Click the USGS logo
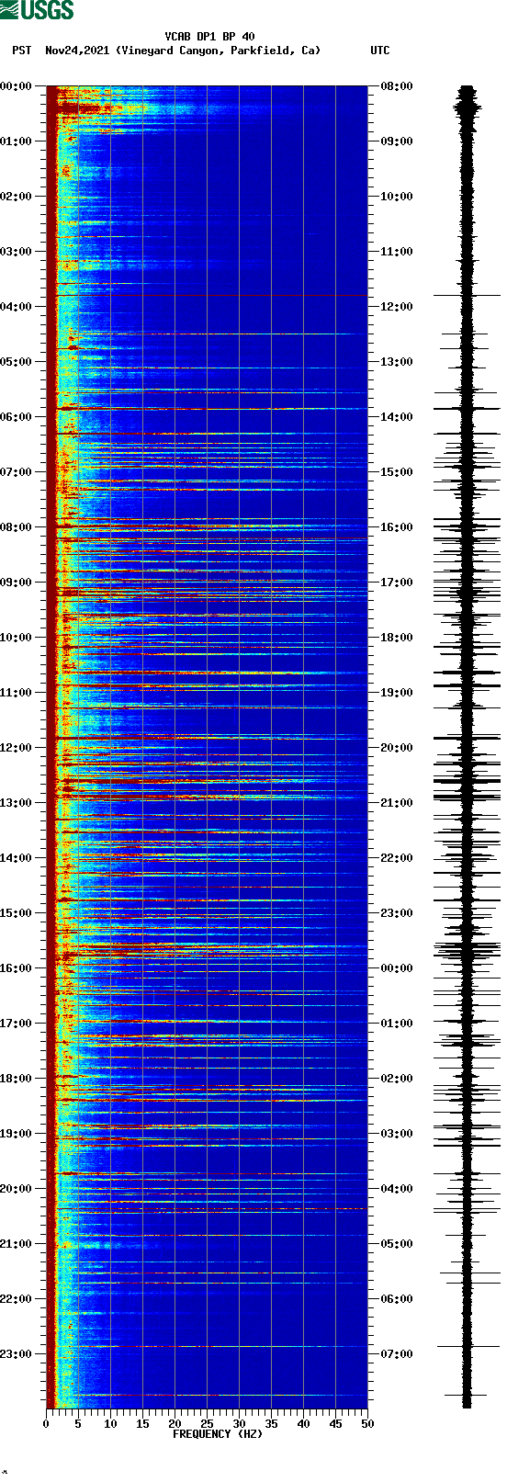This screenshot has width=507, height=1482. (x=37, y=10)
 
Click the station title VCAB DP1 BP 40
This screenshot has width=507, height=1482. (x=209, y=37)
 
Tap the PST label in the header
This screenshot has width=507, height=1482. (x=22, y=51)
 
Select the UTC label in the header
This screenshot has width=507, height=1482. (x=379, y=51)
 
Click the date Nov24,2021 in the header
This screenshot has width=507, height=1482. (x=78, y=51)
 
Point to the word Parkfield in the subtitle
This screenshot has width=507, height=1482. (x=260, y=51)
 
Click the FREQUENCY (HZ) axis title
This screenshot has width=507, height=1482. (x=218, y=1434)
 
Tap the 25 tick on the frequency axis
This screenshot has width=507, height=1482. (x=207, y=1424)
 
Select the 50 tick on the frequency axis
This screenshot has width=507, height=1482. (x=367, y=1424)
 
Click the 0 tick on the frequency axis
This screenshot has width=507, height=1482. (x=46, y=1424)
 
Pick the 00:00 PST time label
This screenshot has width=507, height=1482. (x=16, y=86)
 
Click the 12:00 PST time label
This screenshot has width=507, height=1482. (x=16, y=748)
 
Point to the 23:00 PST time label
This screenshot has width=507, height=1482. (x=16, y=1354)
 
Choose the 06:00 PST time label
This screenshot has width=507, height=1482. (x=16, y=417)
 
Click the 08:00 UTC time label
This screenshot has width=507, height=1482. (x=396, y=86)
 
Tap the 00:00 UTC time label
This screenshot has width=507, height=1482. (x=396, y=968)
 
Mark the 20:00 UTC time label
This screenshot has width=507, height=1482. (x=396, y=748)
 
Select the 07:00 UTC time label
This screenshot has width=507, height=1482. (x=396, y=1354)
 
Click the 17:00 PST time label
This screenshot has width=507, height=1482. (x=16, y=1024)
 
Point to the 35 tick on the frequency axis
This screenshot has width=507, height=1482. (x=271, y=1424)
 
